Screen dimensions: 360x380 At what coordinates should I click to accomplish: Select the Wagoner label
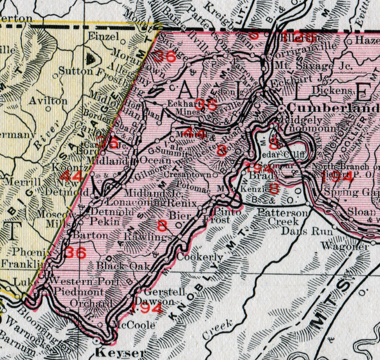345,247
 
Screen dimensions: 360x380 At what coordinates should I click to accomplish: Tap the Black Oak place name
119,266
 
